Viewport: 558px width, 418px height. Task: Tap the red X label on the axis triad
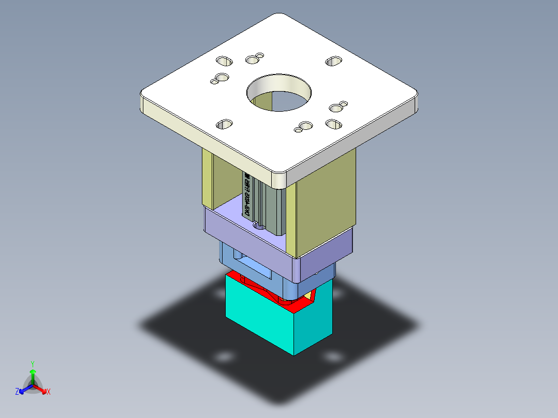(x=49, y=392)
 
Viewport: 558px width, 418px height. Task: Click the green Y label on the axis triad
(x=33, y=364)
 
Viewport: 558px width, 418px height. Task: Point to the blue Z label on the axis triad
(x=17, y=392)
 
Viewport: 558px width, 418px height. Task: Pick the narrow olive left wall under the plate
(x=207, y=178)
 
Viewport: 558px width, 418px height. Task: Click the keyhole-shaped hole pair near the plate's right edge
(x=337, y=107)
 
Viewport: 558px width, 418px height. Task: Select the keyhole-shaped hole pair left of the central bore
(x=220, y=79)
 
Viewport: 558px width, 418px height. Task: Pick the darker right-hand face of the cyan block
(x=313, y=323)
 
